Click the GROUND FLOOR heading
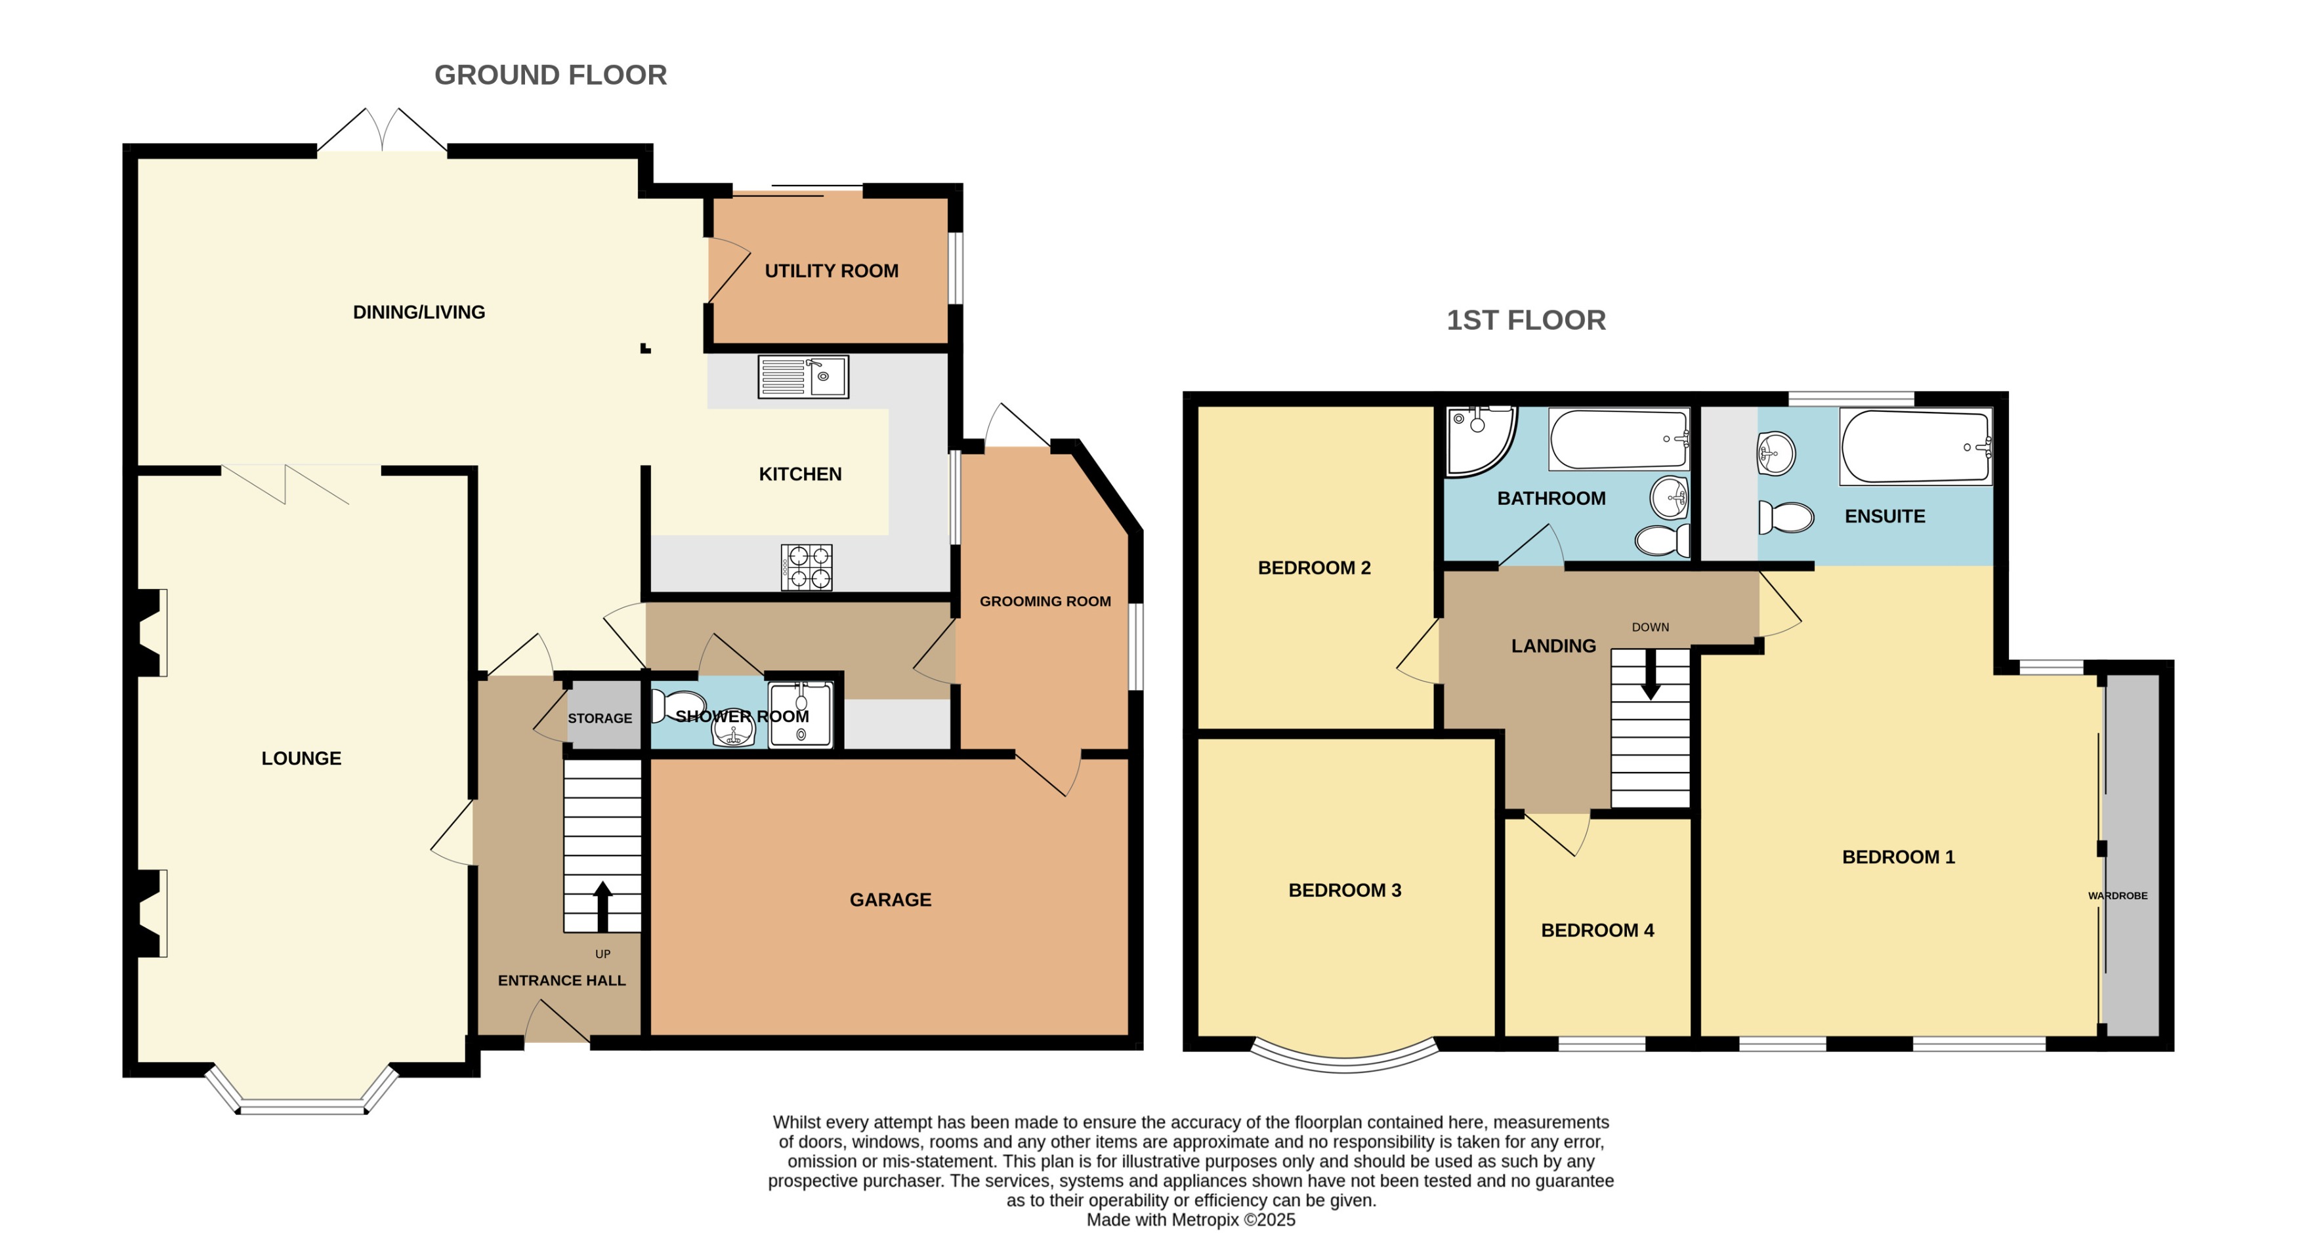[550, 75]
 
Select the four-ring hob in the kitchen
[807, 567]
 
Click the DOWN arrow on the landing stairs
[1650, 675]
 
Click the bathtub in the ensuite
[1914, 445]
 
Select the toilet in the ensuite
[1786, 517]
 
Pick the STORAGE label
[600, 718]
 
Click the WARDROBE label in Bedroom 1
[2117, 896]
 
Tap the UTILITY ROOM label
[831, 271]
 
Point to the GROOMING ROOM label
[1045, 601]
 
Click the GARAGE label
[890, 900]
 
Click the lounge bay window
[303, 1105]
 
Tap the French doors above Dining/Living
[383, 134]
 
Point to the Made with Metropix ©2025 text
[1191, 1220]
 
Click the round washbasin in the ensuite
[1775, 454]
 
